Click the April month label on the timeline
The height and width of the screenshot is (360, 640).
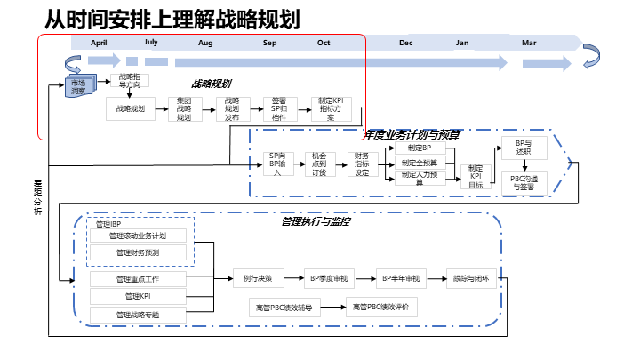(100, 43)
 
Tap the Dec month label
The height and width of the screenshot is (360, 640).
(405, 43)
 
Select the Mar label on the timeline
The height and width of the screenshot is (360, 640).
(529, 43)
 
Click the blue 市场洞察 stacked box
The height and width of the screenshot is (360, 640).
(80, 87)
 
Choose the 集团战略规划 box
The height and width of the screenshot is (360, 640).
(185, 108)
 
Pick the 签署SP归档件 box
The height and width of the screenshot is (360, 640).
(279, 108)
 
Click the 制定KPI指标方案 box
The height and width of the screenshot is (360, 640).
(331, 108)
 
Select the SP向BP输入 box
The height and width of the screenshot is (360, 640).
(277, 164)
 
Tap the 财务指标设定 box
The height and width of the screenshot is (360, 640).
(362, 164)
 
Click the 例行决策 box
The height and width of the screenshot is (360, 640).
(258, 278)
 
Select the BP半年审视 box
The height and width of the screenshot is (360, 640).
(399, 278)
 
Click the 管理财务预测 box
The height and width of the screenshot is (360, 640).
(138, 252)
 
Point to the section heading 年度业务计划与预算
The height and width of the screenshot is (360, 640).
(412, 134)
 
